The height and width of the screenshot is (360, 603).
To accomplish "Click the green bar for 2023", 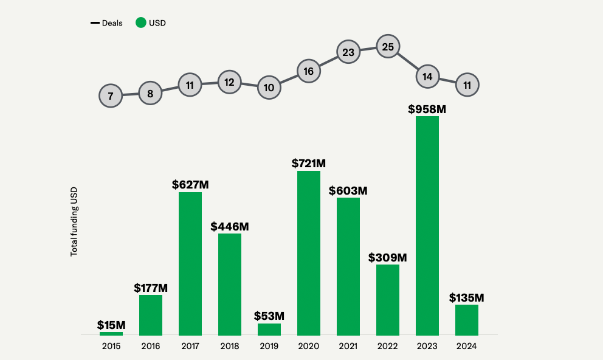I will tap(427, 226).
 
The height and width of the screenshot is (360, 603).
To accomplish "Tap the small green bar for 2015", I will tap(111, 333).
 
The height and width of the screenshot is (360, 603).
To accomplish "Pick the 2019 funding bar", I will tap(269, 329).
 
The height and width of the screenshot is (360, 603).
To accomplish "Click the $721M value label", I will tap(309, 163).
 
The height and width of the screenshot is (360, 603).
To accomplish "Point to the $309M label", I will tap(387, 257).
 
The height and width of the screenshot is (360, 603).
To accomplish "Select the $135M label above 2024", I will tap(467, 297).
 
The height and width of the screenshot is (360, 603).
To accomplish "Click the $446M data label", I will tap(230, 226).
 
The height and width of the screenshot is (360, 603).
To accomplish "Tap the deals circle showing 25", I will tap(388, 46).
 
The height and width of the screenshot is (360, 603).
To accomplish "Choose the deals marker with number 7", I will tap(111, 95).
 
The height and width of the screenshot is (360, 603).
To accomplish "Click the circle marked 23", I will tap(348, 52).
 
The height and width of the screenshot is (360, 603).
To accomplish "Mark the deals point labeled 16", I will tap(309, 71).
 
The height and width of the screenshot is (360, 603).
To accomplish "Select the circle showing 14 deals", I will tap(427, 77).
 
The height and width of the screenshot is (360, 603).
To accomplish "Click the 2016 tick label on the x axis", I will tap(151, 346).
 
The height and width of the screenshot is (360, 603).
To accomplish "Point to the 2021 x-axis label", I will tap(348, 346).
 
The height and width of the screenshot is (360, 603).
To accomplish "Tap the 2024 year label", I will tap(467, 346).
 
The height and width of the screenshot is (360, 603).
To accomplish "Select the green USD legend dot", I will tap(141, 23).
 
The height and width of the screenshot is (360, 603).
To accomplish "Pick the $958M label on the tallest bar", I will tap(427, 109).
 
